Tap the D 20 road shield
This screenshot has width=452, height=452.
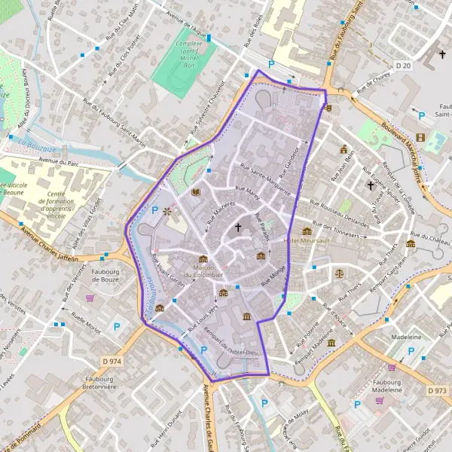(425, 66)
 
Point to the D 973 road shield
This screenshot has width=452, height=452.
(438, 390)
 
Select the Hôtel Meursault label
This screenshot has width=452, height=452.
(307, 240)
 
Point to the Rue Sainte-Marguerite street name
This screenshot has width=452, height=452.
(264, 179)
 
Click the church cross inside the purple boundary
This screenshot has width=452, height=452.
(239, 226)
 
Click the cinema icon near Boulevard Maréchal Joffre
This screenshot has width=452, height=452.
(420, 137)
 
